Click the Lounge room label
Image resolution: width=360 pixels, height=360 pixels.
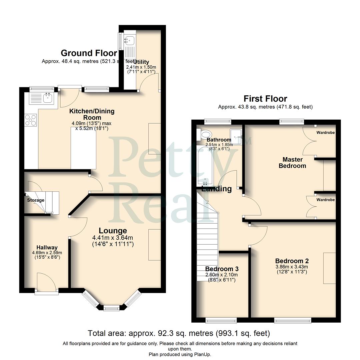coord(113,231)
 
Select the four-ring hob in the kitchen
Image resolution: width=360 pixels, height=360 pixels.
coord(31,120)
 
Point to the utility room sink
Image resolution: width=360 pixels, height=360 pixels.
coord(129,41)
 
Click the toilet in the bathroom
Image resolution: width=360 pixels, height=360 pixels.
coord(204,135)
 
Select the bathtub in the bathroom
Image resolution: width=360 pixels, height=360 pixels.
coord(203,165)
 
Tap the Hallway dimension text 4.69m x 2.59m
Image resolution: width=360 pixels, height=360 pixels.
coord(47,253)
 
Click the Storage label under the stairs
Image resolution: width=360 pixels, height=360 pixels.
coord(36,200)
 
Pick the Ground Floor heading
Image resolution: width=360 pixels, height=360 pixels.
coord(89,53)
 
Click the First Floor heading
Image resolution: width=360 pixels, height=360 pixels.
coord(265,99)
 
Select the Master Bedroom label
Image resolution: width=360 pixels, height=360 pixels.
coord(292,163)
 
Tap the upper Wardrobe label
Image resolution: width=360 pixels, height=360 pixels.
coord(326,133)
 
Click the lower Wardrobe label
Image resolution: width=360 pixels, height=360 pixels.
coord(326,200)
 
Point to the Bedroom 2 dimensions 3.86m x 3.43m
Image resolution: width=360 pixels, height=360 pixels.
coord(292,267)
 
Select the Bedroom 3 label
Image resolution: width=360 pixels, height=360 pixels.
coord(222,269)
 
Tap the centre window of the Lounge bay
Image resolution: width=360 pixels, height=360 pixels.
coord(111,308)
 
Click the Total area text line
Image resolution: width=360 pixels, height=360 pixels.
coord(179,333)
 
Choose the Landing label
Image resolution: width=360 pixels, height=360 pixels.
coord(217,189)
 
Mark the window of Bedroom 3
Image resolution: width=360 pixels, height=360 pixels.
coord(221,321)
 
